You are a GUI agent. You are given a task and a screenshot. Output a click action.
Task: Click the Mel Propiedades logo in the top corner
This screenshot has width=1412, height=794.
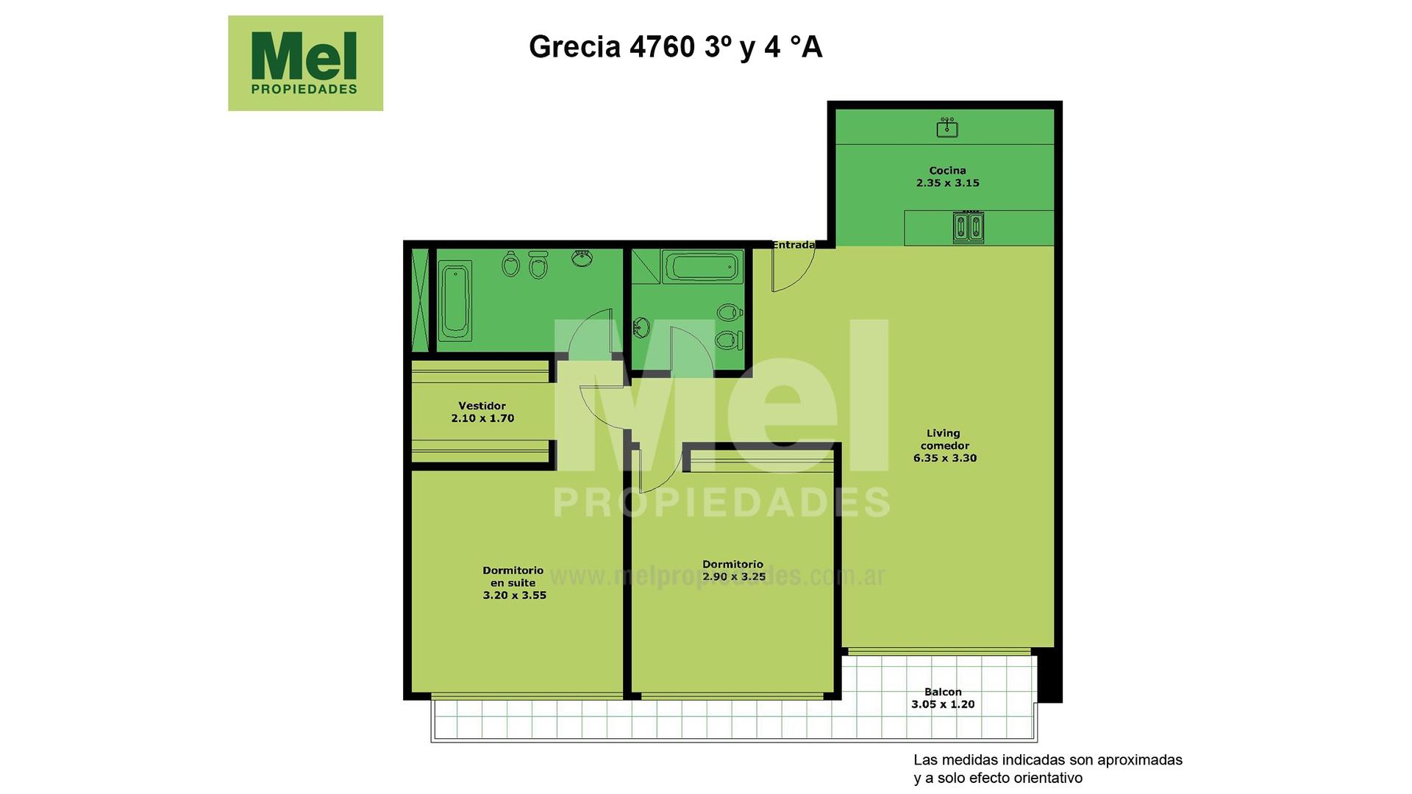coord(305,63)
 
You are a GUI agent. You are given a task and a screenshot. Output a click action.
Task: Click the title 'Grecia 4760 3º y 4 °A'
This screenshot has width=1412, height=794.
coord(675,47)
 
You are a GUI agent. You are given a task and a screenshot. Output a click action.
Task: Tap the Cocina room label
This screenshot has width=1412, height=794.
coord(947,171)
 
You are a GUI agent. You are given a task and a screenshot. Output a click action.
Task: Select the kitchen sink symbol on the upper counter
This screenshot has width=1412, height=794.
coord(947,129)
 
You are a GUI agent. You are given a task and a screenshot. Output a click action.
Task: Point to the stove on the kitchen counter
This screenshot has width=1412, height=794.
coord(968,228)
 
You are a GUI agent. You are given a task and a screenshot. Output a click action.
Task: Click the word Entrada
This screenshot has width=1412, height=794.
coord(793,245)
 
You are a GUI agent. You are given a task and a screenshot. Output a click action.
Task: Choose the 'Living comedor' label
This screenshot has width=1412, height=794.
coord(944,440)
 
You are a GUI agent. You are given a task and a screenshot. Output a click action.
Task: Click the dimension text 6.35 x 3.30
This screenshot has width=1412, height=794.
coord(945,458)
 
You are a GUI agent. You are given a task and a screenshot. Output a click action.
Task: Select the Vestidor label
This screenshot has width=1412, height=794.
coord(482,406)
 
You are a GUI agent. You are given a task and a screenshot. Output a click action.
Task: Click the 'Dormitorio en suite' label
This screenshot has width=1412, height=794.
coord(513,576)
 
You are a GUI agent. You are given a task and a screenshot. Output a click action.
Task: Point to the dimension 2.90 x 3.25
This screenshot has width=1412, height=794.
coord(734,577)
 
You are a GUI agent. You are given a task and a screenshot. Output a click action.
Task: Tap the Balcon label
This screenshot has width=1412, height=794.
coord(943,692)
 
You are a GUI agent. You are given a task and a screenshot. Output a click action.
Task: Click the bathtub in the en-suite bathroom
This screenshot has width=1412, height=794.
coord(455,301)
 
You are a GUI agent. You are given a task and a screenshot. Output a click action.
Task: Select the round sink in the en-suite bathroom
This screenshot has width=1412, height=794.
coord(582,258)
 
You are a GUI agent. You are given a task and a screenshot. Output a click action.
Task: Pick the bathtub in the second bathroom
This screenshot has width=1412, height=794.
coord(701,266)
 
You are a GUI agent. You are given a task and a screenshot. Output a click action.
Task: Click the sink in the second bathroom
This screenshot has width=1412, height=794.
coord(641,327)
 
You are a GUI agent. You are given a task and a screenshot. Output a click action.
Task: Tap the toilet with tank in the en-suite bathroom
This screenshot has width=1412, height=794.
coord(539,265)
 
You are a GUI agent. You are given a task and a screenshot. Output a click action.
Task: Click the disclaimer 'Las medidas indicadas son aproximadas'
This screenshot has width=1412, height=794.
coord(1048,760)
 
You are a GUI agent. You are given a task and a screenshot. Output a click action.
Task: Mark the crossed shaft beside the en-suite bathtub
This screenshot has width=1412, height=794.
coord(420,301)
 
